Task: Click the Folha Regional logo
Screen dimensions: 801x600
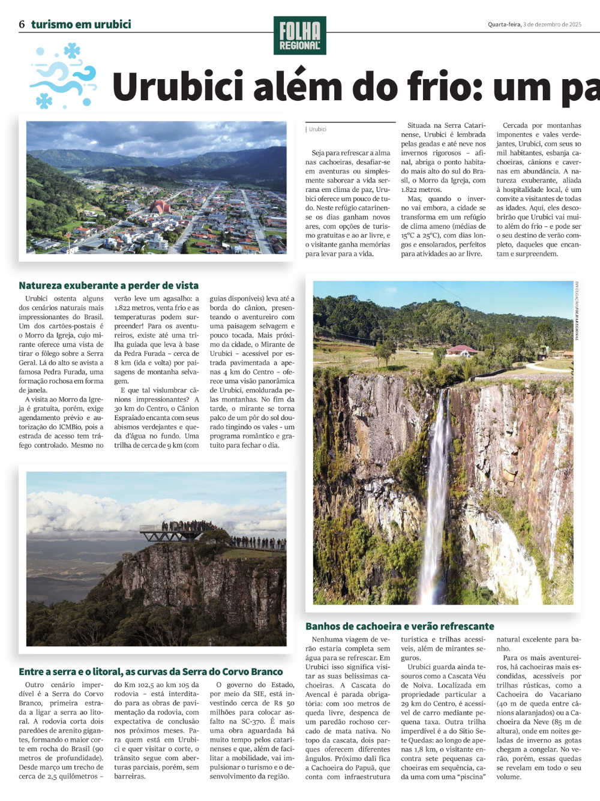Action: coord(300,35)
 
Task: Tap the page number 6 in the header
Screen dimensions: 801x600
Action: coord(22,25)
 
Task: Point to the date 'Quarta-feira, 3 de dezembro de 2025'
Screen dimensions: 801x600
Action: coord(534,25)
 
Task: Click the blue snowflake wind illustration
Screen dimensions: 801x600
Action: coord(63,75)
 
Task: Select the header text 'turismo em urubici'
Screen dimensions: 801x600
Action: coord(81,25)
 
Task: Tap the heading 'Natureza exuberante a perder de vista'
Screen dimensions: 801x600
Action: coord(109,286)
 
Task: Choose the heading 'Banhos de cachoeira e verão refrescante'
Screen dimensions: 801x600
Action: coord(400,626)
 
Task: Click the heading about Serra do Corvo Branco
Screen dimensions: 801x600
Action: coord(151,672)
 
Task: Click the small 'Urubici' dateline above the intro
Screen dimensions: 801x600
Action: coord(317,129)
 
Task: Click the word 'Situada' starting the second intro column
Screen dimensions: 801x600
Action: coord(419,125)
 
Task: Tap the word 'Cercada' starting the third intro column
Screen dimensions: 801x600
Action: coord(515,125)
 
